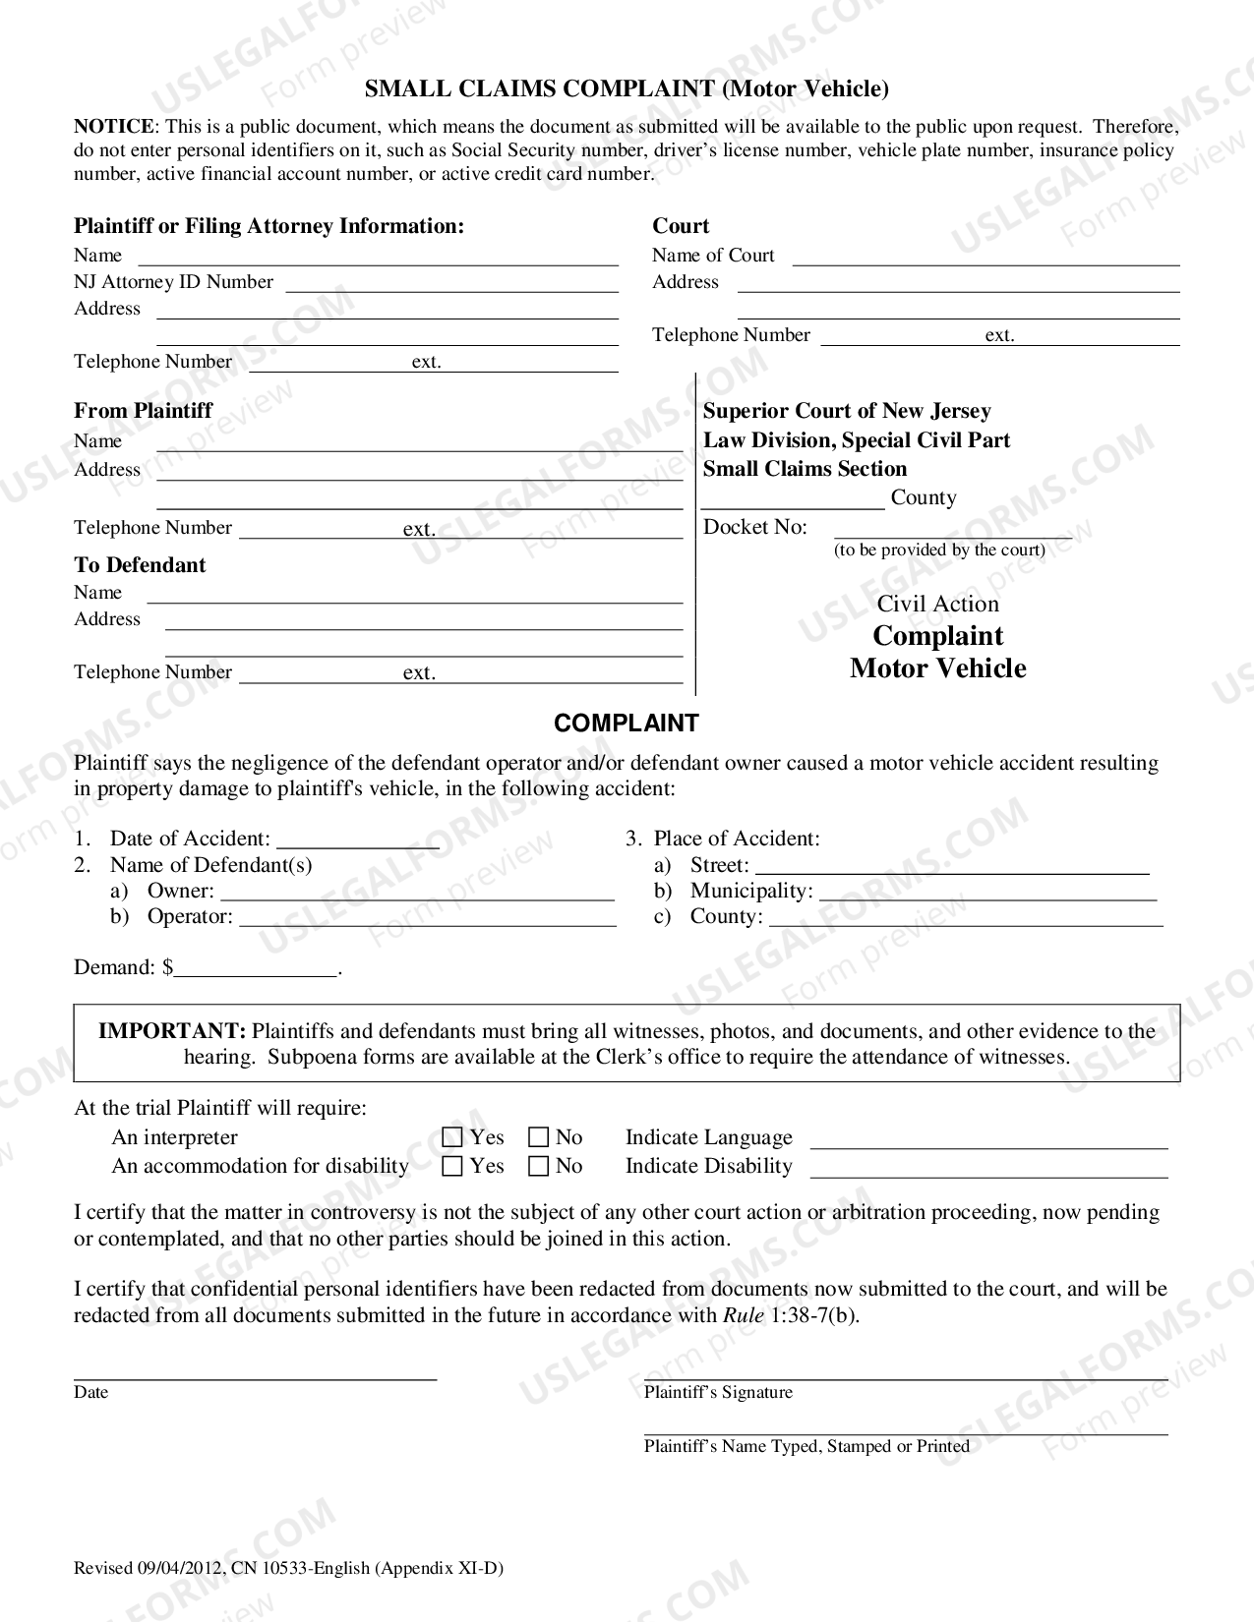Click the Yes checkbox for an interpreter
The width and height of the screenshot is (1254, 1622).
pyautogui.click(x=452, y=1137)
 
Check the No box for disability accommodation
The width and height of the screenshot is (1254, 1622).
pyautogui.click(x=538, y=1166)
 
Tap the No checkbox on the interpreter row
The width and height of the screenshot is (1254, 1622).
pyautogui.click(x=538, y=1137)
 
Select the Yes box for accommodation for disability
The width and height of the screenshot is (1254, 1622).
pyautogui.click(x=452, y=1166)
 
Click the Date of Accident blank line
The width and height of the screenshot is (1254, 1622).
pyautogui.click(x=358, y=840)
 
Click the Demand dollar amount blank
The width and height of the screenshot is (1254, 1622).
pyautogui.click(x=256, y=969)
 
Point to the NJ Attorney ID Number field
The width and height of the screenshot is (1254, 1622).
pyautogui.click(x=451, y=284)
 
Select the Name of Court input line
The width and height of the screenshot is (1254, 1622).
pyautogui.click(x=985, y=258)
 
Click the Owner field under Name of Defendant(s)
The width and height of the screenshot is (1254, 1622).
pyautogui.click(x=418, y=893)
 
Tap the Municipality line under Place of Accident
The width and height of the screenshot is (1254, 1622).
pyautogui.click(x=987, y=893)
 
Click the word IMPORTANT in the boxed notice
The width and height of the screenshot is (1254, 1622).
pyautogui.click(x=171, y=1031)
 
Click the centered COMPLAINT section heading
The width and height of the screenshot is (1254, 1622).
pyautogui.click(x=627, y=724)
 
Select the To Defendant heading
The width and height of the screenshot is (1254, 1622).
pyautogui.click(x=140, y=565)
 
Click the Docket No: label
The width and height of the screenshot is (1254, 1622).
pyautogui.click(x=754, y=527)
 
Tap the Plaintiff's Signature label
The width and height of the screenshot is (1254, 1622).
pyautogui.click(x=718, y=1392)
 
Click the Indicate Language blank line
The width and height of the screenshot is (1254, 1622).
pyautogui.click(x=988, y=1140)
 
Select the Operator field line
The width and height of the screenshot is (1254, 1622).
pyautogui.click(x=428, y=918)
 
